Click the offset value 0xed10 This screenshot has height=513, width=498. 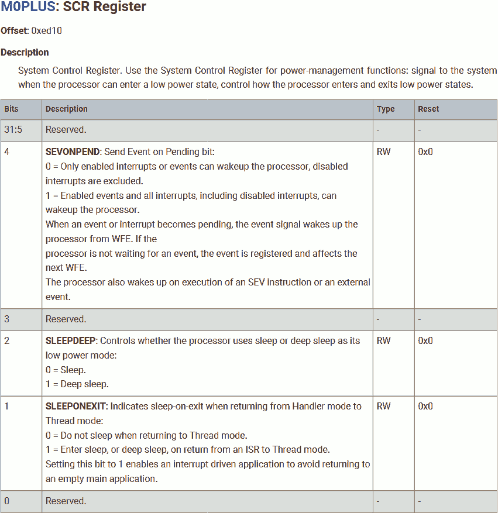(46, 30)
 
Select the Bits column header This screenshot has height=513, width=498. (11, 109)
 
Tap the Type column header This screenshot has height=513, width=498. (386, 109)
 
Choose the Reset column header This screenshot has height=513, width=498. (428, 109)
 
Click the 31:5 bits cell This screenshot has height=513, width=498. (13, 130)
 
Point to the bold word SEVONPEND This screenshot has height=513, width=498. (73, 152)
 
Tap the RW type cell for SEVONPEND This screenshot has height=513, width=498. (384, 152)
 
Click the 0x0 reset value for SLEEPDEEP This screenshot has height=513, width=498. (425, 340)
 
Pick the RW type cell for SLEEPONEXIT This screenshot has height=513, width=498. (384, 406)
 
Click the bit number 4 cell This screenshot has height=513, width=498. (7, 152)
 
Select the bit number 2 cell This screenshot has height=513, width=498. (7, 340)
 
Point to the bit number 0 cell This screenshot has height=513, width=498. (7, 501)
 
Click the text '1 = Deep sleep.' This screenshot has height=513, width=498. (77, 384)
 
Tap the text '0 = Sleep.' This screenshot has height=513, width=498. (66, 370)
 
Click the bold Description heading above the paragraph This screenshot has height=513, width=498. (25, 52)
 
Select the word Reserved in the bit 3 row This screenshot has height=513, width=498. (66, 319)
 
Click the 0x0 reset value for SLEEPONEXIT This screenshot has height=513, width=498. (425, 406)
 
